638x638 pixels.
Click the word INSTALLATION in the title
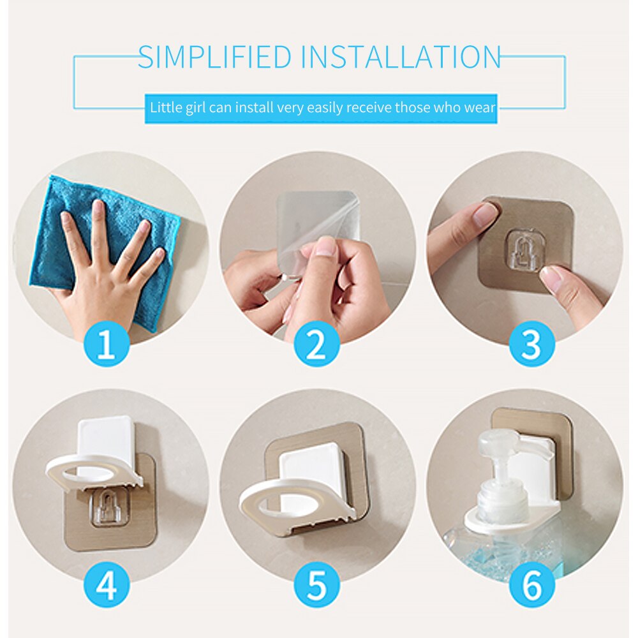click(x=401, y=57)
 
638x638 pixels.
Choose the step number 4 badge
click(x=106, y=583)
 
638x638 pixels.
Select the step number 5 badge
click(x=317, y=583)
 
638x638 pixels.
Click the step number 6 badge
click(x=531, y=583)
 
